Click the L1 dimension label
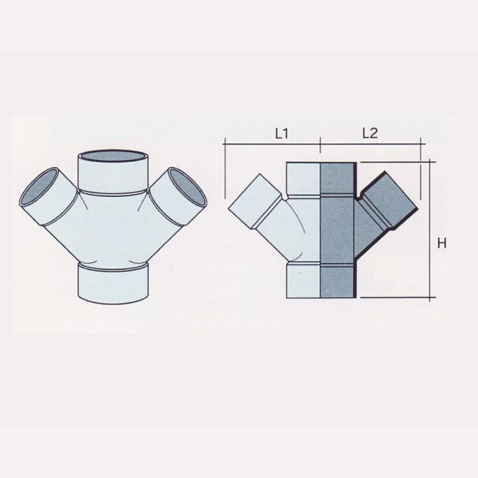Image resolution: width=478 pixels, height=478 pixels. tap(280, 134)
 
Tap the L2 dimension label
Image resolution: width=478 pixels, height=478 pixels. tap(369, 134)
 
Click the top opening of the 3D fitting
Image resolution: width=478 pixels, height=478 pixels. tap(112, 160)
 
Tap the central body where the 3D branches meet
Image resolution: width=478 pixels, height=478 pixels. tap(112, 231)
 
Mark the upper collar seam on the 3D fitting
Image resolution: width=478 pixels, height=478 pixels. tap(112, 193)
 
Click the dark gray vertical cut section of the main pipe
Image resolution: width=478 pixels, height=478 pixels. tap(336, 231)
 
